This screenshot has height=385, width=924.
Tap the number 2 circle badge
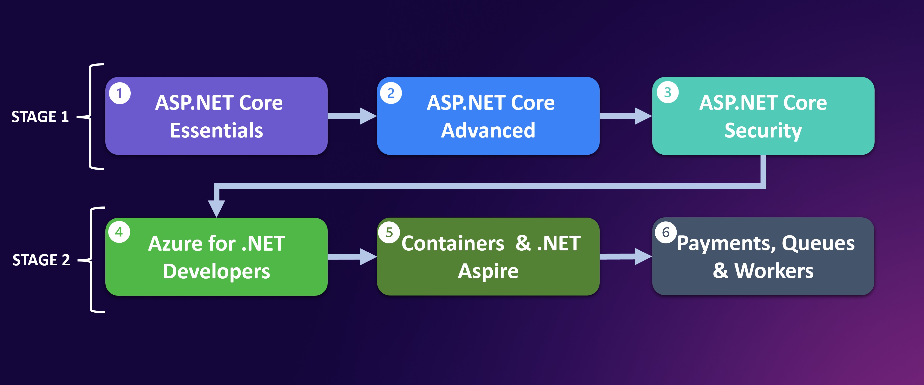point(391,93)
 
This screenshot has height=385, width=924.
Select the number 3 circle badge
point(667,92)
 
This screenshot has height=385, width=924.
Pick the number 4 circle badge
point(119,232)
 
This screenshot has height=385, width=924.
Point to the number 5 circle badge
point(389,233)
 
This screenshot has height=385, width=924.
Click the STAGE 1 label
point(40,117)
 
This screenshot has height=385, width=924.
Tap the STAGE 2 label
point(41,260)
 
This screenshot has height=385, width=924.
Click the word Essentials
point(216,130)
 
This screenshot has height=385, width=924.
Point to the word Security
point(763,131)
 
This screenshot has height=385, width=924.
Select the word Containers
point(453,244)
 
